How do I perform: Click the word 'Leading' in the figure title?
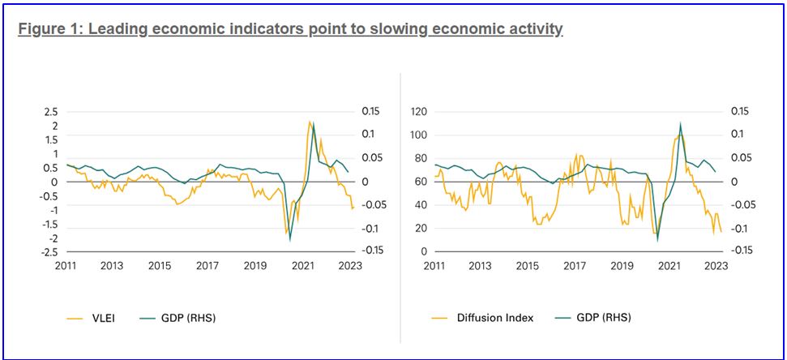click(x=119, y=30)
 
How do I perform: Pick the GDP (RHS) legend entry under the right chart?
click(x=602, y=318)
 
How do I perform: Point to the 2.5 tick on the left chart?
click(x=50, y=111)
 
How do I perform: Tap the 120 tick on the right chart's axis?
click(x=419, y=111)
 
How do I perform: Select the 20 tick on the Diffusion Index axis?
click(x=421, y=228)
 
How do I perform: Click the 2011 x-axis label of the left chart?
click(x=66, y=265)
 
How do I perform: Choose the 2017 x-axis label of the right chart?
click(x=575, y=265)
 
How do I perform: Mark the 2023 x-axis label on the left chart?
click(x=351, y=265)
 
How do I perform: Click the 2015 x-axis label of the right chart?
click(x=528, y=265)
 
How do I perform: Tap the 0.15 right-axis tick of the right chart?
click(x=742, y=111)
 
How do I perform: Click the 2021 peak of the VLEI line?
click(x=310, y=122)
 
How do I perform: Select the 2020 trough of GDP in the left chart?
click(x=290, y=240)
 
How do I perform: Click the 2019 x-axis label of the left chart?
click(x=255, y=265)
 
